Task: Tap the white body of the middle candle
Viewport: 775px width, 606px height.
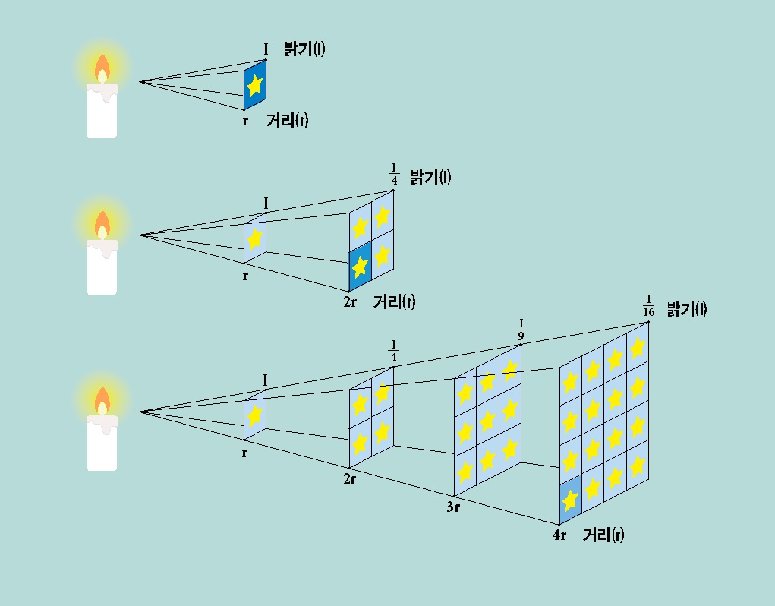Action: [x=102, y=270]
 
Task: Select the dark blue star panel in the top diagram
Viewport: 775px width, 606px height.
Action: [x=255, y=84]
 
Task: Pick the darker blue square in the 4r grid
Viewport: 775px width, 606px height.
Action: [x=570, y=500]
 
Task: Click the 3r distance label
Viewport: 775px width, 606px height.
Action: [x=453, y=507]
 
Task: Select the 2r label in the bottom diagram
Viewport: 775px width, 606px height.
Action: [x=349, y=479]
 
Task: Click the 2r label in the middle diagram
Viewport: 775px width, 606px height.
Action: [x=350, y=302]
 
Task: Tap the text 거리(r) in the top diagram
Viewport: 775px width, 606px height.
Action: [x=287, y=121]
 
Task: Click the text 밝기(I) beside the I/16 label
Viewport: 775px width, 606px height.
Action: [x=687, y=309]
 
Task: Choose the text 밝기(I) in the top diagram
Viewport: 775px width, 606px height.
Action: [x=304, y=50]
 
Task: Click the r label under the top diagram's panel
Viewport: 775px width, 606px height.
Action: [x=245, y=120]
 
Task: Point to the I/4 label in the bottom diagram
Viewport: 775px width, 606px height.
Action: [x=393, y=351]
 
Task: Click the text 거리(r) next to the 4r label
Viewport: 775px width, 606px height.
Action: [x=603, y=535]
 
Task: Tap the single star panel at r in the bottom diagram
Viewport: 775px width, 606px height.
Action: [x=255, y=415]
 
